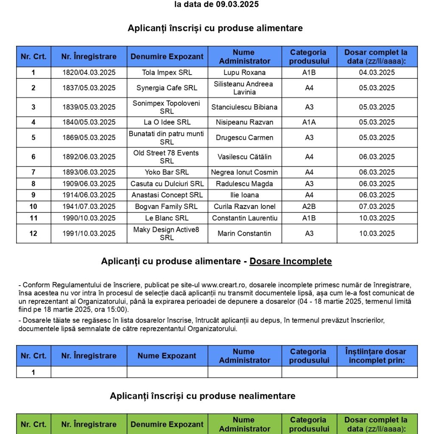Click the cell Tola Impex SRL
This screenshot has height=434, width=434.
click(167, 72)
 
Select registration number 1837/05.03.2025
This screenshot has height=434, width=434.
click(89, 88)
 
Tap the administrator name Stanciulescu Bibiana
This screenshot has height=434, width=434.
click(245, 107)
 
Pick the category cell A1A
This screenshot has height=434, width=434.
click(309, 122)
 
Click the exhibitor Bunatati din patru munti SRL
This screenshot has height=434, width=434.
click(167, 138)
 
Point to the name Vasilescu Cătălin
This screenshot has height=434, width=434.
click(245, 157)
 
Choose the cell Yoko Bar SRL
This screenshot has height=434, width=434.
click(167, 172)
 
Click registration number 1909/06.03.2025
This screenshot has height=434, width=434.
click(89, 184)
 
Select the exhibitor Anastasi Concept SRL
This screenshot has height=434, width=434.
click(167, 195)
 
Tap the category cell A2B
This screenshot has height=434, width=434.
click(309, 207)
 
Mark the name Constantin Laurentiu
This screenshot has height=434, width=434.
click(245, 218)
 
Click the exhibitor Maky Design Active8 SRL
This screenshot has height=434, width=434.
click(167, 234)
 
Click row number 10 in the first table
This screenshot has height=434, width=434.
click(33, 207)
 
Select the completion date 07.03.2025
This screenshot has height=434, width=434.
click(377, 207)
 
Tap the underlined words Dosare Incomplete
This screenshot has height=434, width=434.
click(290, 262)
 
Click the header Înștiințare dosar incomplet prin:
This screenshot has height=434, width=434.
click(377, 356)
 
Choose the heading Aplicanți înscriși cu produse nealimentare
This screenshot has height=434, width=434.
click(203, 396)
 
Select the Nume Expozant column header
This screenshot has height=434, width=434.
click(167, 356)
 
